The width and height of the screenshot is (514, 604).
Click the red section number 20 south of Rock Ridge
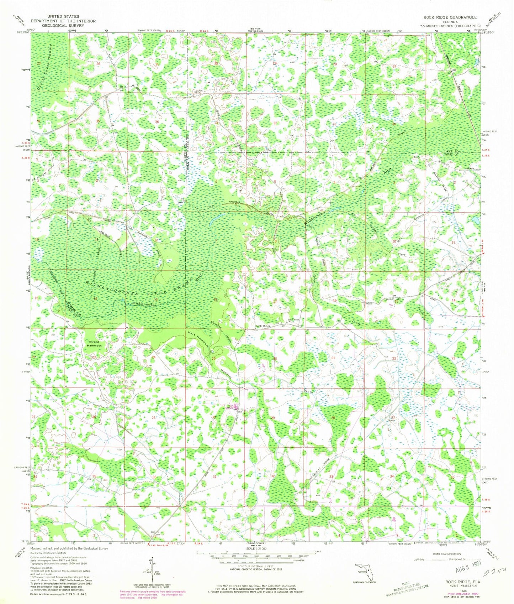click(275, 359)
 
